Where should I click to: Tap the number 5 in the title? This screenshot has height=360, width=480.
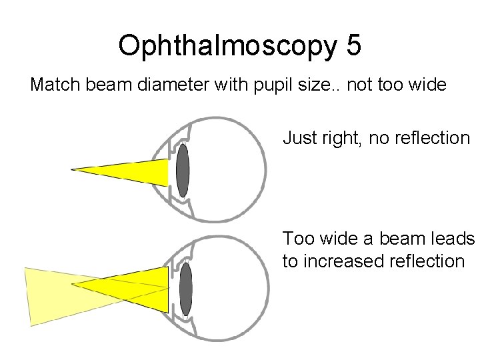(353, 45)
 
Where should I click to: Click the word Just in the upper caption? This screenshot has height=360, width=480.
(297, 139)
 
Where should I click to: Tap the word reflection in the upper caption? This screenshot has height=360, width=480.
(433, 139)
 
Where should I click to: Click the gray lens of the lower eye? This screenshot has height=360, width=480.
(185, 288)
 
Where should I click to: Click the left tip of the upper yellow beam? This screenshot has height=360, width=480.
(73, 170)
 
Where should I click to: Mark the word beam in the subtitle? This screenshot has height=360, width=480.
(111, 85)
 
